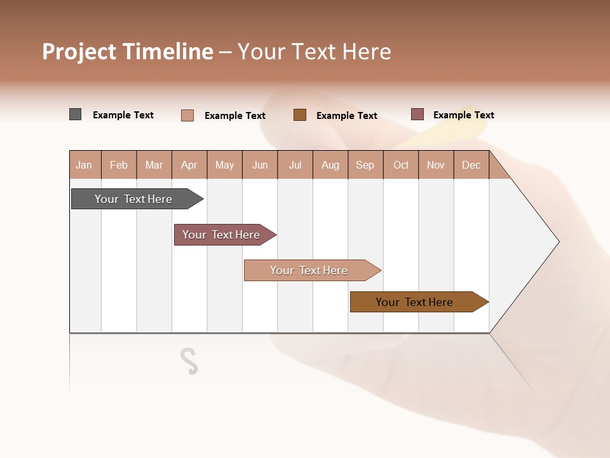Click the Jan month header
84,165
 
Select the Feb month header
119,165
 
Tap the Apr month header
189,165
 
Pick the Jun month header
260,165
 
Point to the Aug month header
330,165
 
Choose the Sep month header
365,165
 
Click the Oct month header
401,165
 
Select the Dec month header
471,165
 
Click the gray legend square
76,114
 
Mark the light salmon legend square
187,115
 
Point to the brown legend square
300,115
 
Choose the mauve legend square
417,114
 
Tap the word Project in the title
79,52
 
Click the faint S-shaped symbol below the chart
189,361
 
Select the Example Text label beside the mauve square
463,115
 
